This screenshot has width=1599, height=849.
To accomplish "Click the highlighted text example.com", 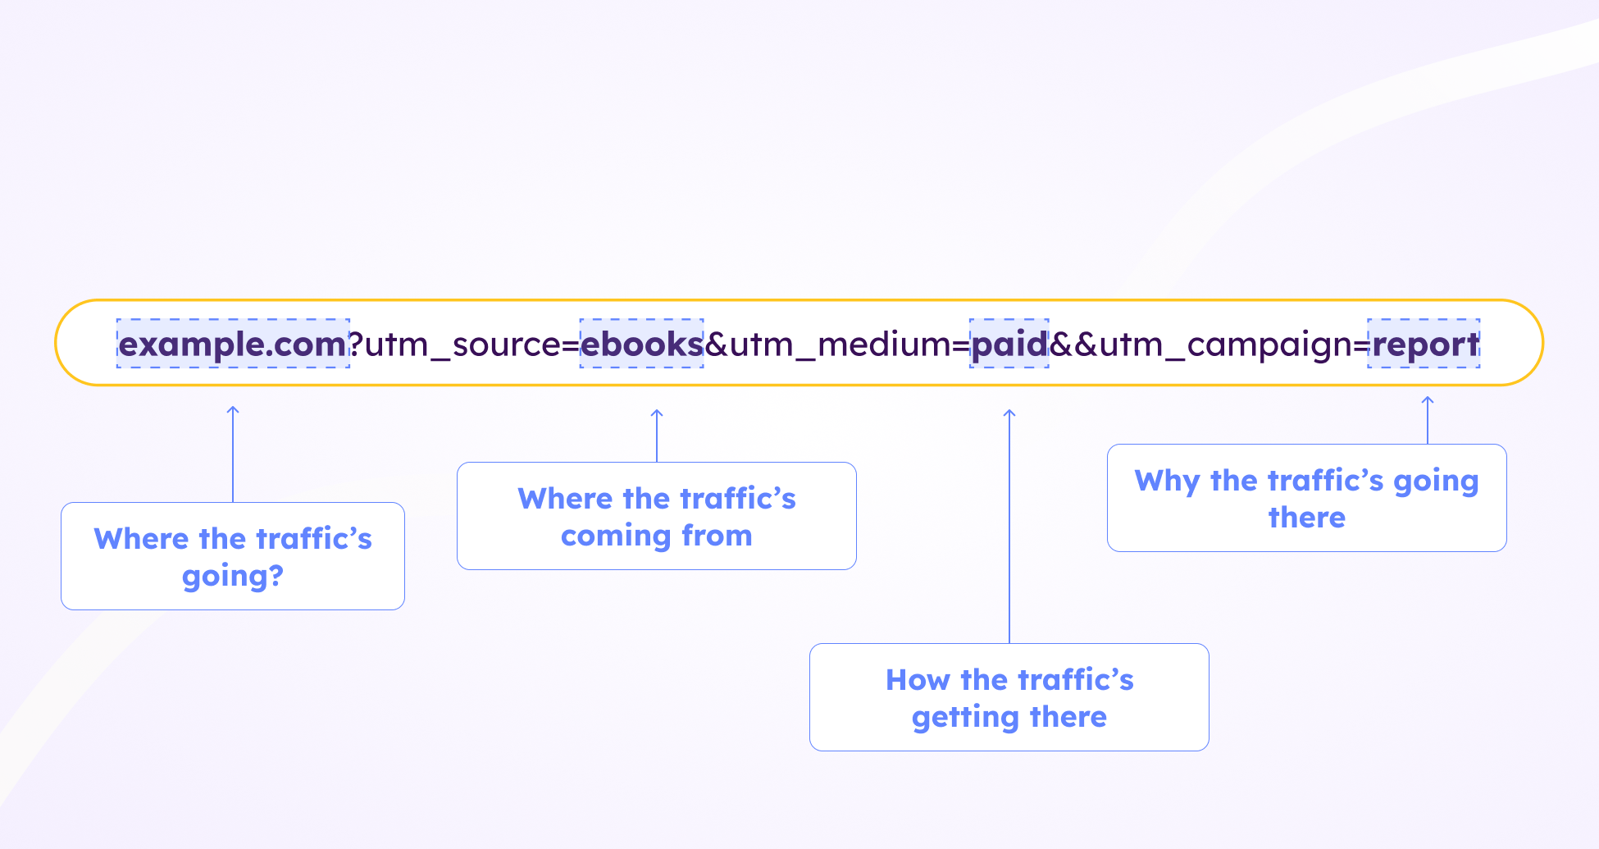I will click(x=233, y=344).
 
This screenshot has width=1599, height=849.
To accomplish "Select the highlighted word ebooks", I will click(x=641, y=344).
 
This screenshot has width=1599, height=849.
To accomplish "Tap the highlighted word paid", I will click(x=1009, y=344).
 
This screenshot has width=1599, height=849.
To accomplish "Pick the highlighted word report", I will click(x=1424, y=344).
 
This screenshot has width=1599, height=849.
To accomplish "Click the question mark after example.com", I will click(x=356, y=344).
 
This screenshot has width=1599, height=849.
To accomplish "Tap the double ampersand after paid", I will click(x=1073, y=344).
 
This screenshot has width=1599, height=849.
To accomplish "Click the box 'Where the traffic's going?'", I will click(x=233, y=556).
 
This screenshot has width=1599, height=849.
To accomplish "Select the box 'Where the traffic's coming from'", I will click(x=657, y=516).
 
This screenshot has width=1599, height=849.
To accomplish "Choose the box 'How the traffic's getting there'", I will click(x=1009, y=697).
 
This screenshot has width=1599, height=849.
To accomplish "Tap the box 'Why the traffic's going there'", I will click(x=1307, y=498).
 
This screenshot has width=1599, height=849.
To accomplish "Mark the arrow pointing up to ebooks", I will click(x=657, y=435).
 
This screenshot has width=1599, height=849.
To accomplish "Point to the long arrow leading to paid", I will click(x=1009, y=525).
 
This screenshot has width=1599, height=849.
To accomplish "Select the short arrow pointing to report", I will click(x=1428, y=419).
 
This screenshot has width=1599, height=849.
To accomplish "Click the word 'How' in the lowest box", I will click(x=918, y=680).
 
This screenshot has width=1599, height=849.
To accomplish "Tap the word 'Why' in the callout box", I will click(x=1167, y=481).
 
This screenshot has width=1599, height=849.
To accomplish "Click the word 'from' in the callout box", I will click(x=717, y=536).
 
